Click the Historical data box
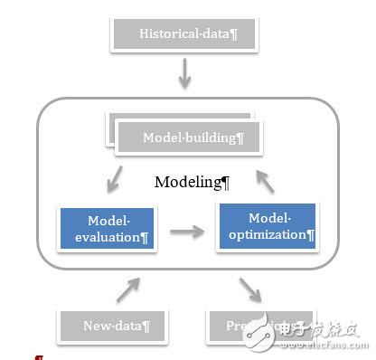[185, 35]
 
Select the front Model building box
[189, 138]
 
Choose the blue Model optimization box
[267, 226]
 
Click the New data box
[112, 325]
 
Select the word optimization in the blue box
[265, 234]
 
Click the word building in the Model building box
[208, 138]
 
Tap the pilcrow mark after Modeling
[226, 182]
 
